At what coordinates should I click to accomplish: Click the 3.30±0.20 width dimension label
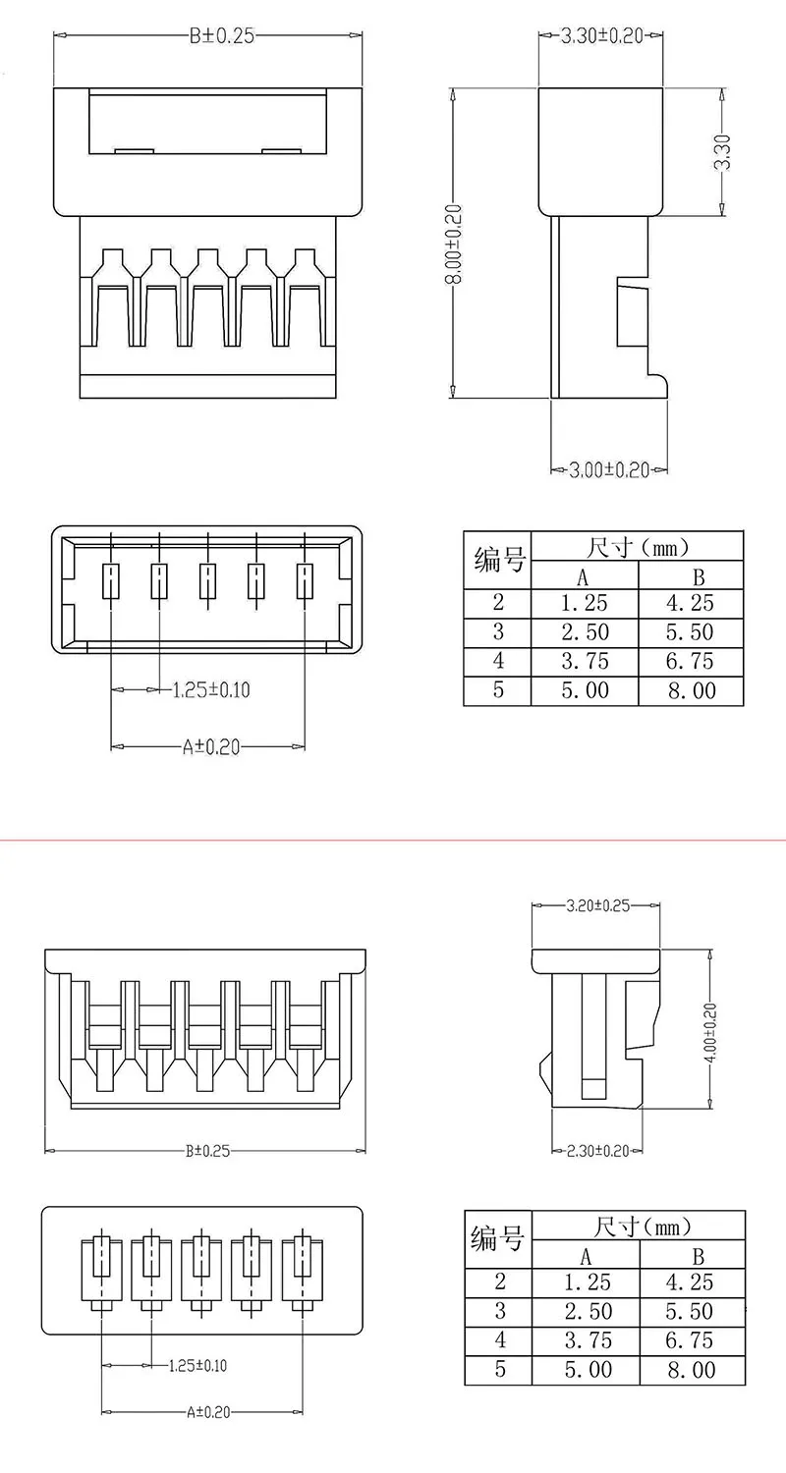point(602,35)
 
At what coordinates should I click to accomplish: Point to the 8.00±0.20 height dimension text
point(454,244)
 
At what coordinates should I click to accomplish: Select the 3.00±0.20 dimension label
point(609,470)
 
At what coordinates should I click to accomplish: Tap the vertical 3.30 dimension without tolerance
point(722,152)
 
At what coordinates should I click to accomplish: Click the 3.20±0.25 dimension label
point(598,905)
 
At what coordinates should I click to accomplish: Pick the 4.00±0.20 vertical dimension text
point(710,1032)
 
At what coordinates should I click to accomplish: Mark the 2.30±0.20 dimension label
point(598,1151)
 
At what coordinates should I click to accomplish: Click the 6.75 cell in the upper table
point(690,661)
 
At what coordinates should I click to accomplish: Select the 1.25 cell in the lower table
point(588,1282)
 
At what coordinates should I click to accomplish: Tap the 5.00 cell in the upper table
point(585,690)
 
